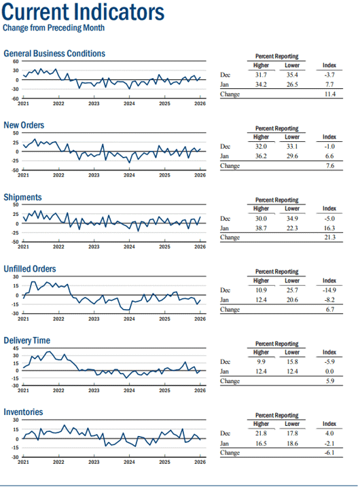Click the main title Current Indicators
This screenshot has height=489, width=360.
[83, 12]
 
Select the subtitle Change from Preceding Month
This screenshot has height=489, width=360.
[54, 28]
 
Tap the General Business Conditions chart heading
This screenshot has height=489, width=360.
[54, 54]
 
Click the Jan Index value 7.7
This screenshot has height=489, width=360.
[329, 84]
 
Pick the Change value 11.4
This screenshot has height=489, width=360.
[329, 94]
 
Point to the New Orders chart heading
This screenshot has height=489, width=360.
[24, 125]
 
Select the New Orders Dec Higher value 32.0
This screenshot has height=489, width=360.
[261, 147]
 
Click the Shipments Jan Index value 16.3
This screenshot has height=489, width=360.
[329, 228]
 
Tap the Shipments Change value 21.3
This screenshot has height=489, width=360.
[329, 237]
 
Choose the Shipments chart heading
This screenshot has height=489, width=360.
[22, 197]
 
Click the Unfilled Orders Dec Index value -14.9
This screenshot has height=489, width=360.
[329, 290]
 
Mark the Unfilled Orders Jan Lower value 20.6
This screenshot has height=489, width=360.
[292, 300]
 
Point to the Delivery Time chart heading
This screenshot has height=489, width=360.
[26, 340]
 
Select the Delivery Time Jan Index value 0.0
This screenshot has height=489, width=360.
[329, 371]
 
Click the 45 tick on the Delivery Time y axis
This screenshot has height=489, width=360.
[16, 348]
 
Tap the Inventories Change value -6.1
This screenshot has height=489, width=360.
[329, 452]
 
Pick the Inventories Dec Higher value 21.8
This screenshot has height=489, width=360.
[261, 433]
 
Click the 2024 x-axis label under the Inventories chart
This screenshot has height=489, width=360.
[129, 462]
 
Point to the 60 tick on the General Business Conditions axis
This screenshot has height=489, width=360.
[16, 61]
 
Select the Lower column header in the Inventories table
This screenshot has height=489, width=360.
[292, 424]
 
